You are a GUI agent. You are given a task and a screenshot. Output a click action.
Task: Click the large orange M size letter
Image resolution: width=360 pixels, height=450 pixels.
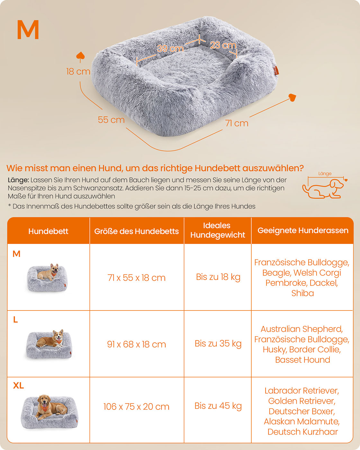tap(28, 30)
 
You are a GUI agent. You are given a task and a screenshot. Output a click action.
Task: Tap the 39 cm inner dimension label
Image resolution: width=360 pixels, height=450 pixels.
tap(170, 49)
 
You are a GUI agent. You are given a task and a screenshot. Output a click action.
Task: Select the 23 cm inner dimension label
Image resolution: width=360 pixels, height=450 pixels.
tap(223, 45)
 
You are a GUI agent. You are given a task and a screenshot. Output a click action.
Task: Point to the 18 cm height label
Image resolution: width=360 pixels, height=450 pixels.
tap(78, 71)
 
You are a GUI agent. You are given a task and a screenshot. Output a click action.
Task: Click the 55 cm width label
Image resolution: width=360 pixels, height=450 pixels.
tap(111, 120)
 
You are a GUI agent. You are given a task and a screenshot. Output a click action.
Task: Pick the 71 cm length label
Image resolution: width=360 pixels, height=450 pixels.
tap(237, 123)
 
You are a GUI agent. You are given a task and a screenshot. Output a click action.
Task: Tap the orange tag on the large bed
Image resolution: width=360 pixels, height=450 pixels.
tap(276, 70)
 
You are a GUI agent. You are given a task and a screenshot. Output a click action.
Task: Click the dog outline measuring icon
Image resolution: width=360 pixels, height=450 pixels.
tap(323, 188)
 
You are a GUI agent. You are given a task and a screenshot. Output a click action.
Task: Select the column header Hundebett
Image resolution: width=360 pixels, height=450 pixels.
tap(48, 231)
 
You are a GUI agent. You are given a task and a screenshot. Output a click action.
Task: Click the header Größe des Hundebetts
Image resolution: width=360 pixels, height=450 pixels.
tap(137, 231)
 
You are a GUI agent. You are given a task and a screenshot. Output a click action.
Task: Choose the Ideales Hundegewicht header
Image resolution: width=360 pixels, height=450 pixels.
tap(218, 230)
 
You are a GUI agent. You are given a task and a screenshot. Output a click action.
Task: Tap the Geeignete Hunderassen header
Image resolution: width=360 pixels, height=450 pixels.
tap(303, 230)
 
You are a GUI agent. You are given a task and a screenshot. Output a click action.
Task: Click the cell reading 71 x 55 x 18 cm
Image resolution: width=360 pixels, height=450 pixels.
tap(137, 278)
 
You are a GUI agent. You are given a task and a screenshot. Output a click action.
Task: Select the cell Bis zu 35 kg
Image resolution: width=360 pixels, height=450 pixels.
tap(218, 344)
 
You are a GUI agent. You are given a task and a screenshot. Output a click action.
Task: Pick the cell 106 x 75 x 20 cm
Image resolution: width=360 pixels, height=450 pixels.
tap(136, 407)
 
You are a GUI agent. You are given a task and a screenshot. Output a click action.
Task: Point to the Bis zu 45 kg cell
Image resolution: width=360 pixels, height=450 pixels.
tap(218, 406)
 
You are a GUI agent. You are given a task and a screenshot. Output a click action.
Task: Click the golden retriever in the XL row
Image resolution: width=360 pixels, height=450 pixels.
tap(48, 407)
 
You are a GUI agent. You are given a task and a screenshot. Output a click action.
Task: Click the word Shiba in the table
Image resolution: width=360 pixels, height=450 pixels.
tap(302, 293)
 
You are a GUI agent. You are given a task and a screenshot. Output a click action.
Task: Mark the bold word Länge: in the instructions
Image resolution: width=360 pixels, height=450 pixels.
tap(18, 180)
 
